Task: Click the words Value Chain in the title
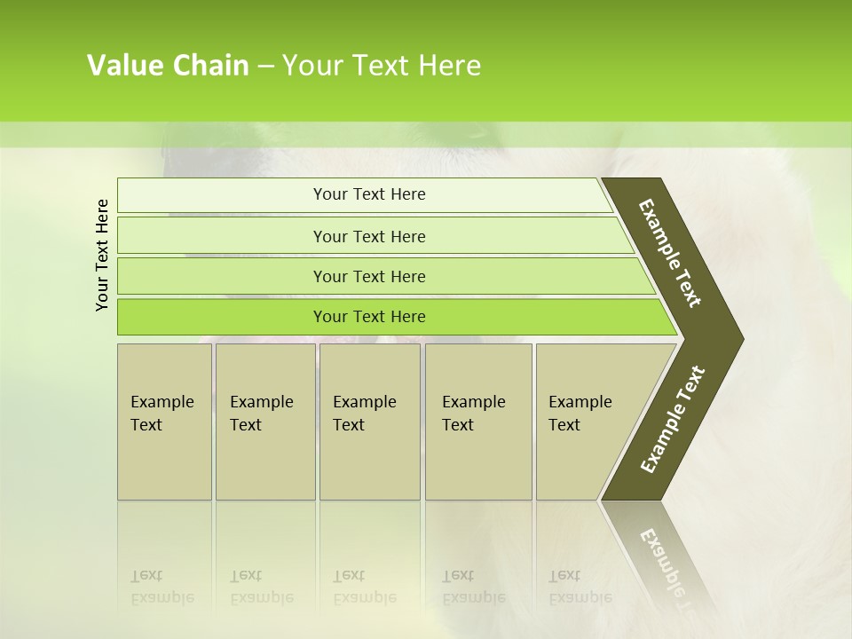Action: [x=168, y=66]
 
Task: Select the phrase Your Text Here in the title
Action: [x=382, y=66]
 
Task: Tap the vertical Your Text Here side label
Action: [x=102, y=255]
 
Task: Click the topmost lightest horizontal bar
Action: [x=368, y=194]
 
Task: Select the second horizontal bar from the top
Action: [x=368, y=236]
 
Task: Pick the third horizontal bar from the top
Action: [x=368, y=276]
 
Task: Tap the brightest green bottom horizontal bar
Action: [x=368, y=317]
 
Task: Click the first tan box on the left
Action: [x=164, y=422]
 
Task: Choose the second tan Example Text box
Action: [x=264, y=422]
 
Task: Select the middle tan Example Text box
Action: [x=369, y=422]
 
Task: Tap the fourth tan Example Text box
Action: [x=478, y=422]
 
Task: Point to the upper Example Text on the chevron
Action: [x=670, y=253]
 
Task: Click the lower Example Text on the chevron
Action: [x=673, y=419]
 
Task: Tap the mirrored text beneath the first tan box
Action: [x=161, y=587]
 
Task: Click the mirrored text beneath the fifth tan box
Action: [x=580, y=587]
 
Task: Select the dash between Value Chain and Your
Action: [x=265, y=67]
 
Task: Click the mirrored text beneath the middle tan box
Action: [x=364, y=587]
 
